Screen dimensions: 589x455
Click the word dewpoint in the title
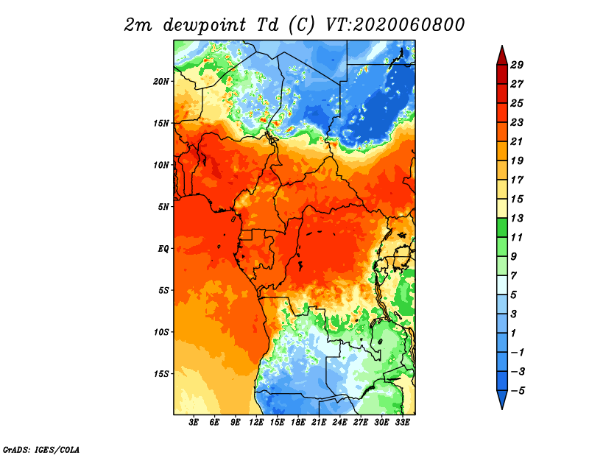point(205,25)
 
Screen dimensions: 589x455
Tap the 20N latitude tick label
point(161,82)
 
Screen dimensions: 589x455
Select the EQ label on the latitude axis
point(163,249)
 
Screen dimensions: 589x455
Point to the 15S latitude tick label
point(161,374)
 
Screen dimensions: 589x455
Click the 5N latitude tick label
point(163,207)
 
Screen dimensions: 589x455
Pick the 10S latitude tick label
point(161,332)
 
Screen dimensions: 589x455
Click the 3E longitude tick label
point(194,423)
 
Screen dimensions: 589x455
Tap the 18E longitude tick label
point(298,423)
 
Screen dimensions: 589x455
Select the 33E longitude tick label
point(402,423)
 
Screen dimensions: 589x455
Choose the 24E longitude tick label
point(339,423)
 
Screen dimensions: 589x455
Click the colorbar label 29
point(517,65)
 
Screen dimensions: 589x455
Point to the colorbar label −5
point(518,391)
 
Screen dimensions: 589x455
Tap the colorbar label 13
point(517,218)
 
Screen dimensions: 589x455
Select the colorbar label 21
point(517,141)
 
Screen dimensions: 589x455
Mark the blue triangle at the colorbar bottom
point(502,398)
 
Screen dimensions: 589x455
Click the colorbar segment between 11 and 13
point(502,227)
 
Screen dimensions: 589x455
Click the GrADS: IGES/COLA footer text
point(41,450)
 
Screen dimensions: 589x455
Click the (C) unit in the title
point(301,25)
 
